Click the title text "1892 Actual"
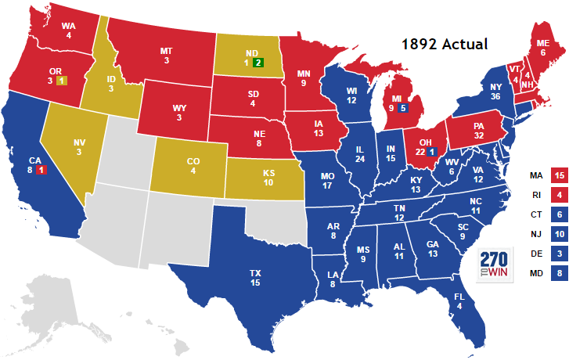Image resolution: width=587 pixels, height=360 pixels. pyautogui.click(x=445, y=44)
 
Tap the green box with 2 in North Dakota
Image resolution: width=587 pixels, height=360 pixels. pyautogui.click(x=257, y=63)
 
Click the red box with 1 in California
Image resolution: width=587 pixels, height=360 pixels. pyautogui.click(x=41, y=170)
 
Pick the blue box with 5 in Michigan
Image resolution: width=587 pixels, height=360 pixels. pyautogui.click(x=402, y=108)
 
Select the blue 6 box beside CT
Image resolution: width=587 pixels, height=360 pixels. pyautogui.click(x=559, y=214)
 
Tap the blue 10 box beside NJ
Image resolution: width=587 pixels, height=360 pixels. pyautogui.click(x=559, y=234)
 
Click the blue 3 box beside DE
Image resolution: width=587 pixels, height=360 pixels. pyautogui.click(x=559, y=254)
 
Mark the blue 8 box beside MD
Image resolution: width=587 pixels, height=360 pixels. pyautogui.click(x=559, y=274)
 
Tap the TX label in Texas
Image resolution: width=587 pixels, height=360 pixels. pyautogui.click(x=255, y=272)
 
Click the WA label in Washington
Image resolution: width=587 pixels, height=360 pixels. pyautogui.click(x=68, y=24)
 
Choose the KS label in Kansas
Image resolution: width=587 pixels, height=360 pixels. pyautogui.click(x=269, y=172)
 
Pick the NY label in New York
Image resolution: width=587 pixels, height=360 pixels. pyautogui.click(x=495, y=87)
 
